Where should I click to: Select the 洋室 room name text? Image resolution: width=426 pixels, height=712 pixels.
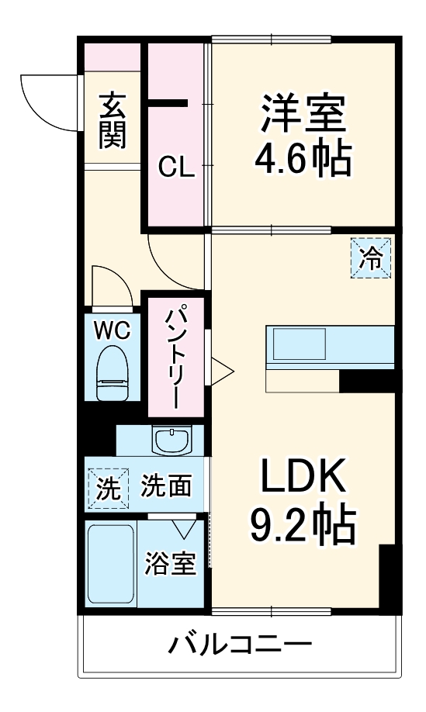coord(302,116)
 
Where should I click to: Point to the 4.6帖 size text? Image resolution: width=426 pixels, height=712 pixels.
coord(302,159)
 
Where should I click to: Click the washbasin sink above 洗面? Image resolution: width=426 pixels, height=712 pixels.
coord(171,441)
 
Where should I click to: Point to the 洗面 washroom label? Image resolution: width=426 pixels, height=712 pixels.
coord(165,486)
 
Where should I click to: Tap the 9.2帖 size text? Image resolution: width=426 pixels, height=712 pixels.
coord(302,527)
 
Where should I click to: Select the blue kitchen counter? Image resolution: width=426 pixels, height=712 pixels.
coord(329,343)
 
